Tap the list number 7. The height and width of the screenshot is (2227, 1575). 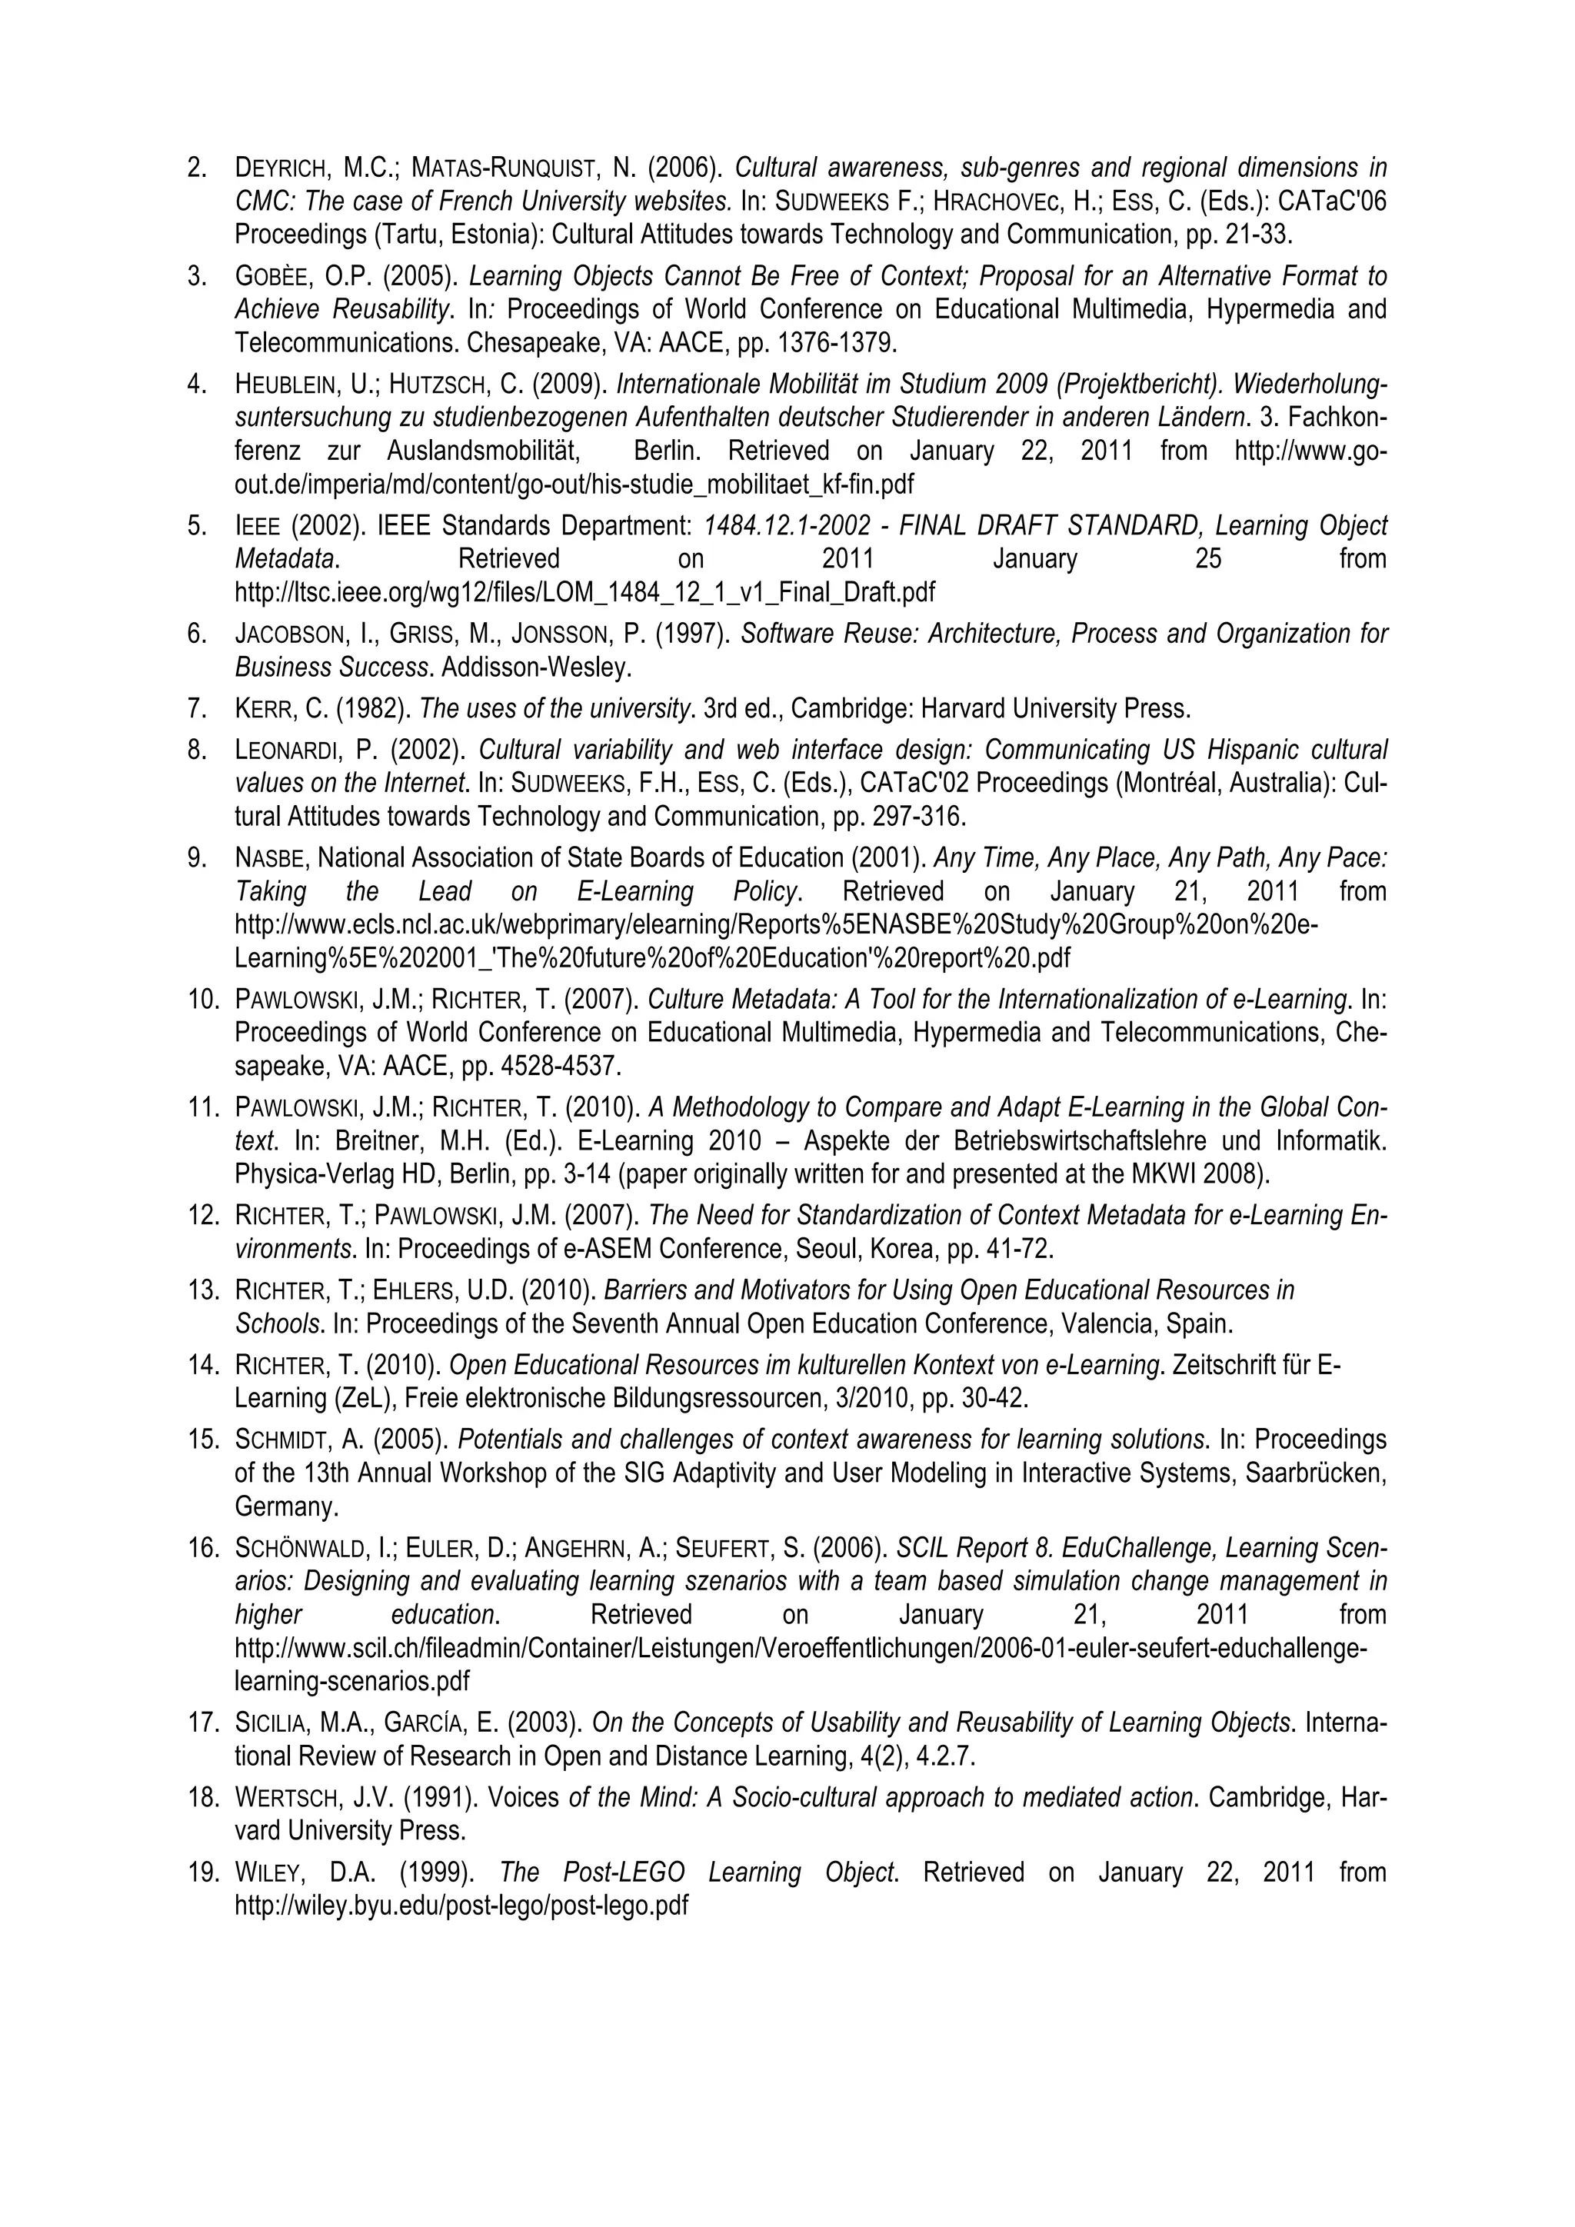click(x=197, y=708)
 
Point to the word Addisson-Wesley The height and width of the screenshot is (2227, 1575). click(x=536, y=667)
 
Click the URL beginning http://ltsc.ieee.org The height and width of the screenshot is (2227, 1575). click(x=584, y=591)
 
